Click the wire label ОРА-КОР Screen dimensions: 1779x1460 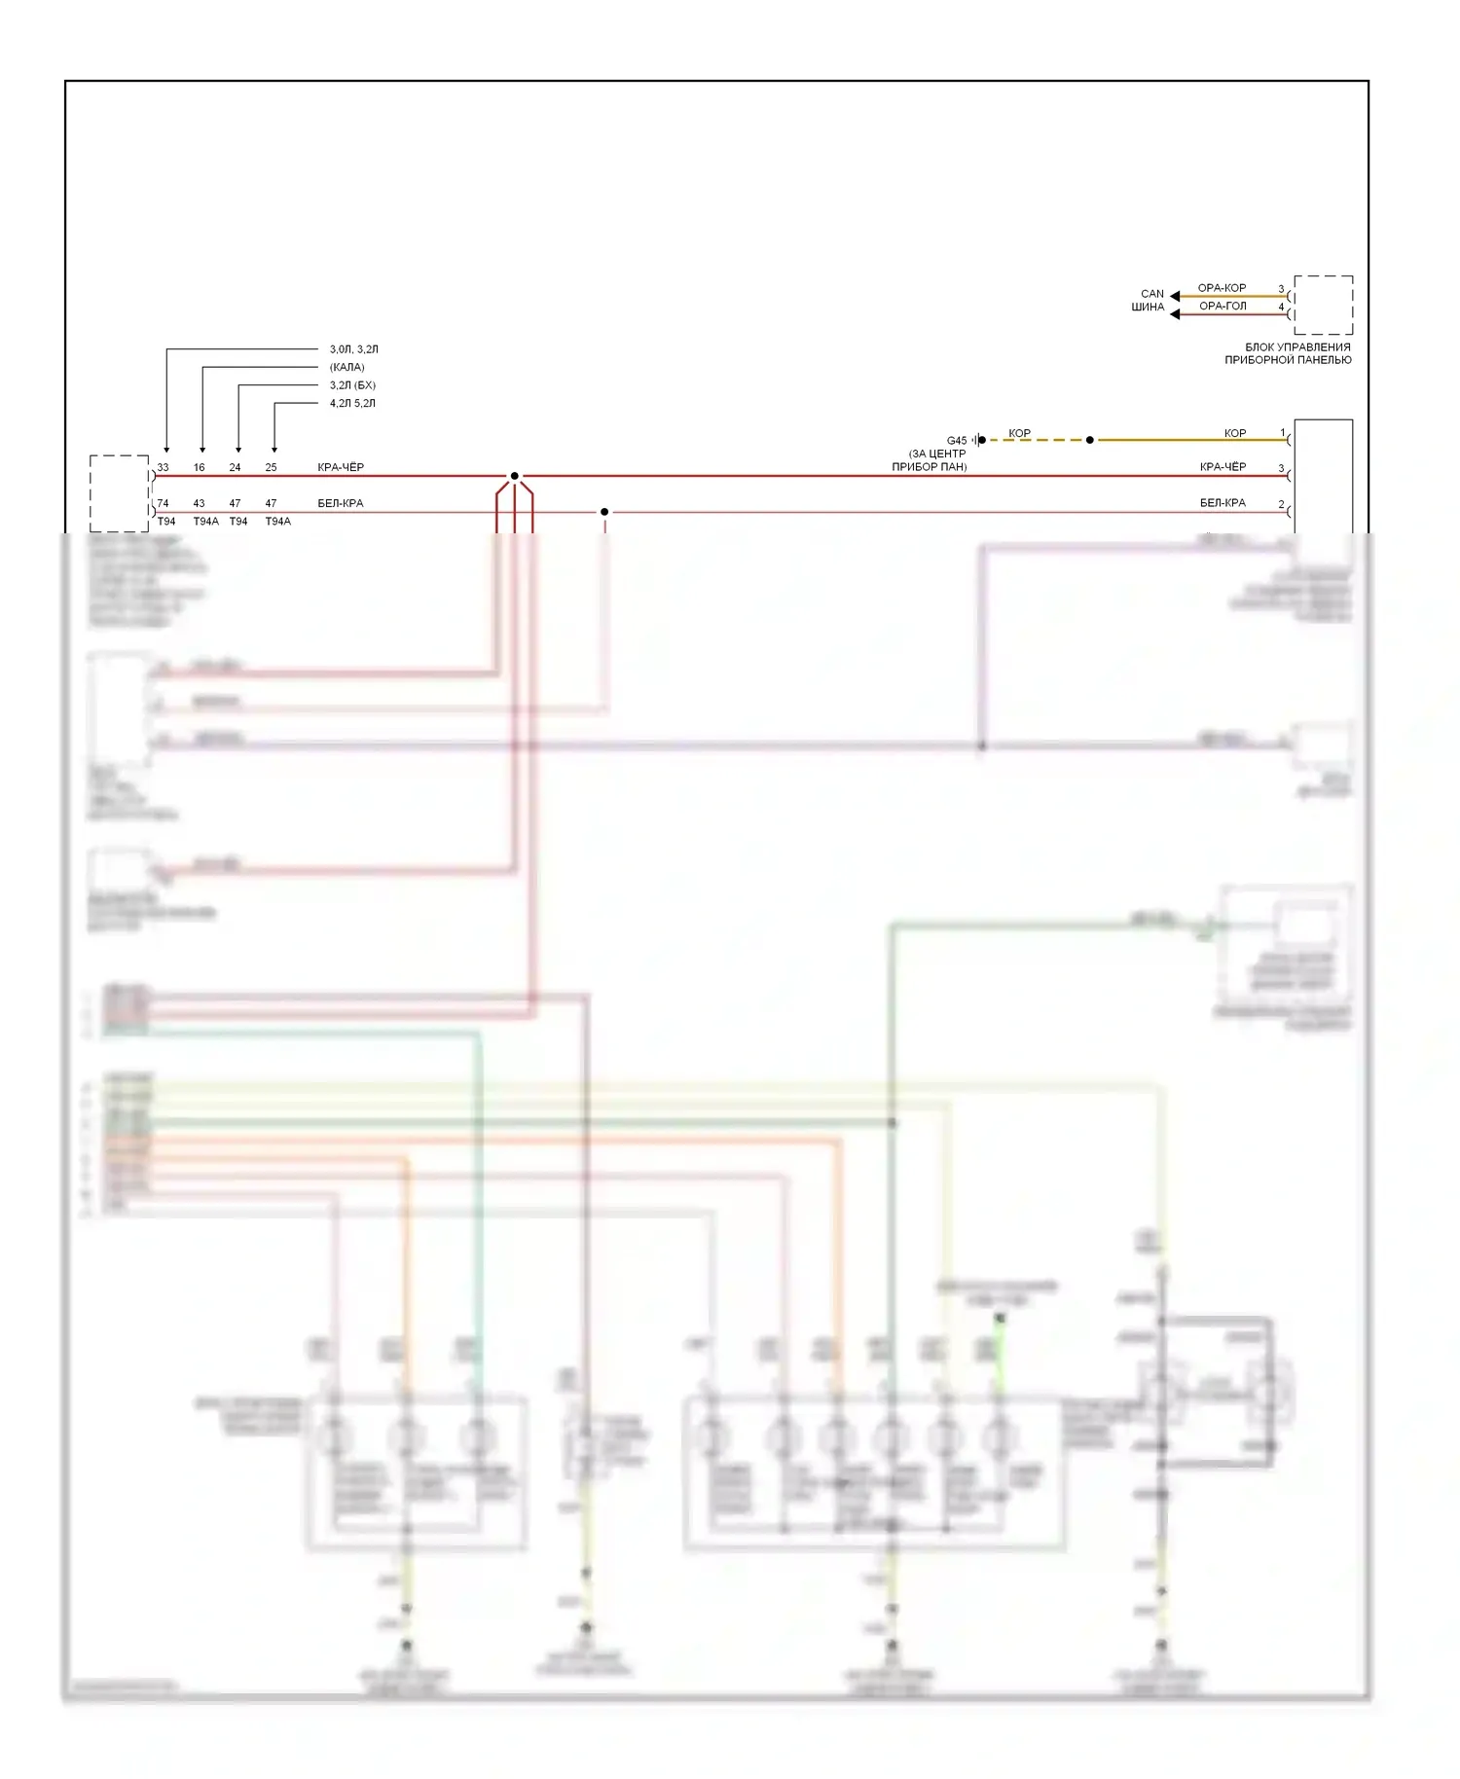click(x=1222, y=288)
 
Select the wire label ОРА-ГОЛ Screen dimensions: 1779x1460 click(x=1223, y=306)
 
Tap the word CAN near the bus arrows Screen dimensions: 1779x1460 click(x=1152, y=293)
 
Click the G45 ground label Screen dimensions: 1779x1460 click(x=957, y=441)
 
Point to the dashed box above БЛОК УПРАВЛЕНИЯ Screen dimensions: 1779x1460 click(x=1323, y=306)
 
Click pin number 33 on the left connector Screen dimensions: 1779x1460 click(x=163, y=467)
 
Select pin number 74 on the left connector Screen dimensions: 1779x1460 click(x=163, y=503)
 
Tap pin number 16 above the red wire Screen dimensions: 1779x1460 click(x=199, y=467)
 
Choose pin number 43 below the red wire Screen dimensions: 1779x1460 click(x=199, y=503)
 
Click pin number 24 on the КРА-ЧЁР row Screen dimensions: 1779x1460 click(x=235, y=467)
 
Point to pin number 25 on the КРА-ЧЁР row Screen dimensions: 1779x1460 click(x=271, y=467)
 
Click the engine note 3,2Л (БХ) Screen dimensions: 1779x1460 click(x=352, y=385)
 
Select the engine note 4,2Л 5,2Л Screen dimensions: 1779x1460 click(x=352, y=403)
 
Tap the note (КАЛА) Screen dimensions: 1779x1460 click(x=347, y=367)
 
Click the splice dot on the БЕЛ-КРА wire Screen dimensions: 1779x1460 click(x=604, y=512)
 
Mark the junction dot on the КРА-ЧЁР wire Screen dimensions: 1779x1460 click(x=514, y=476)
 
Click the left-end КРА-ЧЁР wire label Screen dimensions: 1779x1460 click(x=341, y=467)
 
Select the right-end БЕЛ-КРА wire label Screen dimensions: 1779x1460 click(x=1223, y=503)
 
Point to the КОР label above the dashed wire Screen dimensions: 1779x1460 click(x=1019, y=433)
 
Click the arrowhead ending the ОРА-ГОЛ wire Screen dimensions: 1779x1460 click(x=1175, y=314)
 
